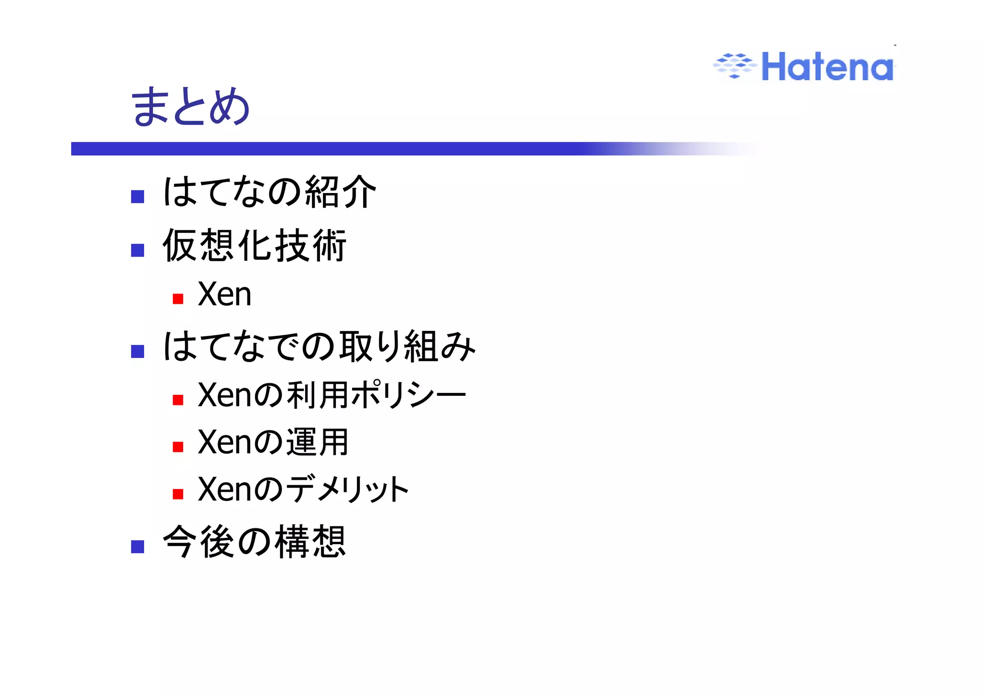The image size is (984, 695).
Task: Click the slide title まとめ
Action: pos(190,107)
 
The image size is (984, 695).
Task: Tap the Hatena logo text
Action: pos(827,67)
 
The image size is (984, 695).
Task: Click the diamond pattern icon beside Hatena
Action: pos(734,66)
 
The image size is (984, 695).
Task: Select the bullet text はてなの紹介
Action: pos(269,192)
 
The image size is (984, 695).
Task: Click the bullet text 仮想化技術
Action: pos(254,245)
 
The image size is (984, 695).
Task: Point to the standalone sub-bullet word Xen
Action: pos(224,294)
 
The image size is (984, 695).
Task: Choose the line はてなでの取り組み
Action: pos(319,346)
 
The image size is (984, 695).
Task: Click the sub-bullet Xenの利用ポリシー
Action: pos(332,395)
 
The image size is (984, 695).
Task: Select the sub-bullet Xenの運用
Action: pos(273,442)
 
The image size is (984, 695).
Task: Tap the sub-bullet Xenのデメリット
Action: pos(303,489)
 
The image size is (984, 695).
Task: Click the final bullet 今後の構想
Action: pos(254,542)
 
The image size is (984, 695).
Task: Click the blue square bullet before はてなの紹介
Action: pos(138,197)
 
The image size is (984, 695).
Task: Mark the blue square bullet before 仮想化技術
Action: pos(138,250)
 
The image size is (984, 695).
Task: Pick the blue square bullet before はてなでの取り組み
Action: pos(138,352)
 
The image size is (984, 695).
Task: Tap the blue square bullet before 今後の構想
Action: pos(138,547)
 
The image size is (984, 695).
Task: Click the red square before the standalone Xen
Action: pos(178,299)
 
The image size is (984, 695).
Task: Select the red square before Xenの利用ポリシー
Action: pos(178,400)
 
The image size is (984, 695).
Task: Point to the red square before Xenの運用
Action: pos(178,447)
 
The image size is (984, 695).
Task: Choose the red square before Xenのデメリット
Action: pos(178,494)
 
